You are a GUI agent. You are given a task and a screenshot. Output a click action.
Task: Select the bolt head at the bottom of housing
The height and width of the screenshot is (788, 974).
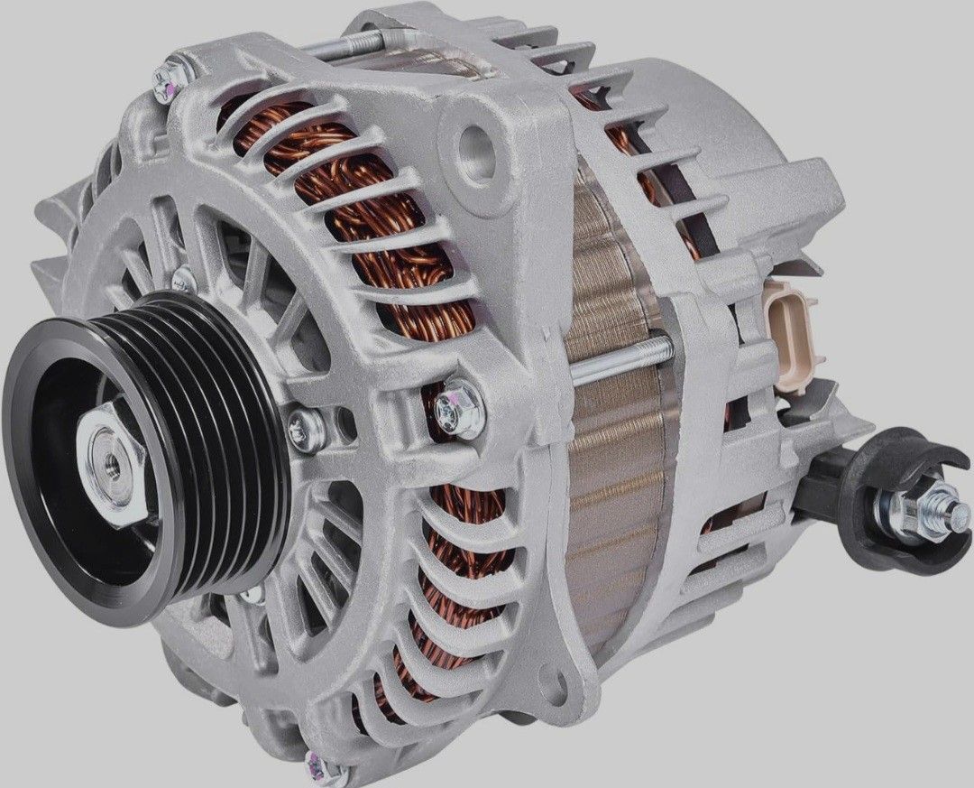(x=315, y=763)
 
